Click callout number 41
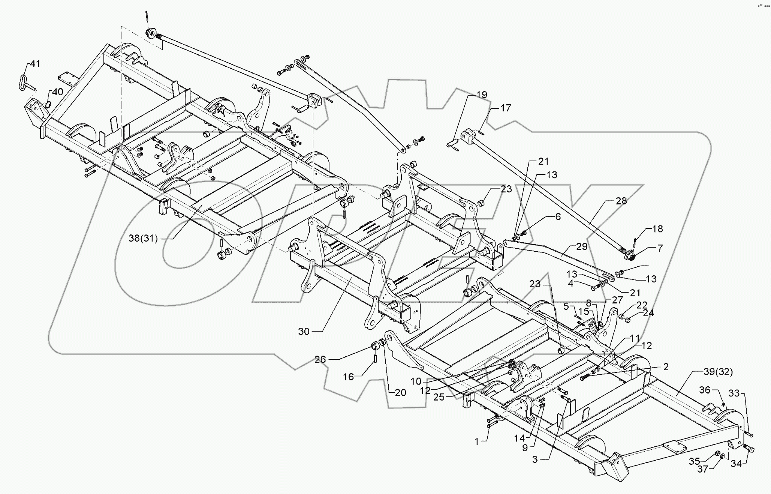pyautogui.click(x=35, y=64)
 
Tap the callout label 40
pyautogui.click(x=57, y=92)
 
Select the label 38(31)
pyautogui.click(x=143, y=239)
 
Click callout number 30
pyautogui.click(x=304, y=332)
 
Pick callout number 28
pyautogui.click(x=621, y=201)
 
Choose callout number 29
pyautogui.click(x=582, y=246)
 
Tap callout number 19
pyautogui.click(x=482, y=95)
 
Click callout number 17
pyautogui.click(x=506, y=108)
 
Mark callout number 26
pyautogui.click(x=320, y=359)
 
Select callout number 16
pyautogui.click(x=349, y=377)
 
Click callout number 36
pyautogui.click(x=705, y=390)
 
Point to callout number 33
pyautogui.click(x=734, y=393)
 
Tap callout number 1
pyautogui.click(x=477, y=442)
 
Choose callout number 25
pyautogui.click(x=439, y=397)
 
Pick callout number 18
pyautogui.click(x=657, y=229)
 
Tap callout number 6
pyautogui.click(x=558, y=217)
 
